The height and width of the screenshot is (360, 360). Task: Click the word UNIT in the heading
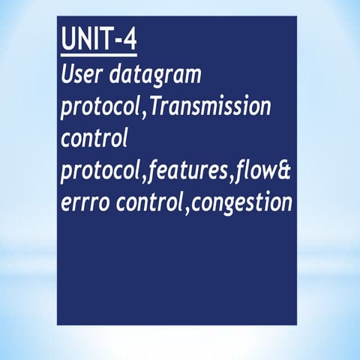[x=86, y=42]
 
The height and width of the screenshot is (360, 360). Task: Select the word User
[x=80, y=75]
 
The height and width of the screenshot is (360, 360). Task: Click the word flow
[x=253, y=172]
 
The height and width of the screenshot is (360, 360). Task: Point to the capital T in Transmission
[x=156, y=106]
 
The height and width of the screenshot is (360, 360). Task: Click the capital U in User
[x=68, y=75]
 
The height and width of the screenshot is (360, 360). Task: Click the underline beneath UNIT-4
[x=99, y=55]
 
